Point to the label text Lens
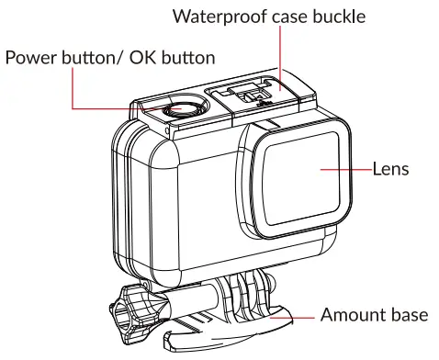[389, 169]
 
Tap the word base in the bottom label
[408, 315]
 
